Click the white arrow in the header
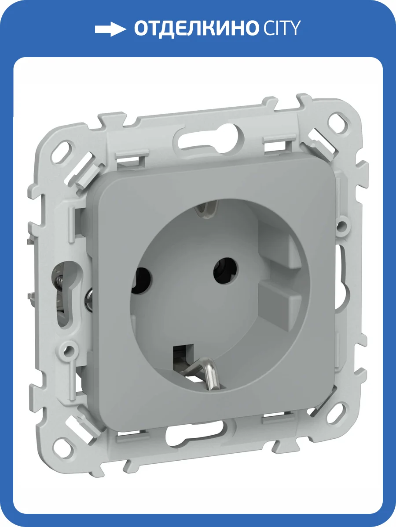click(110, 29)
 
